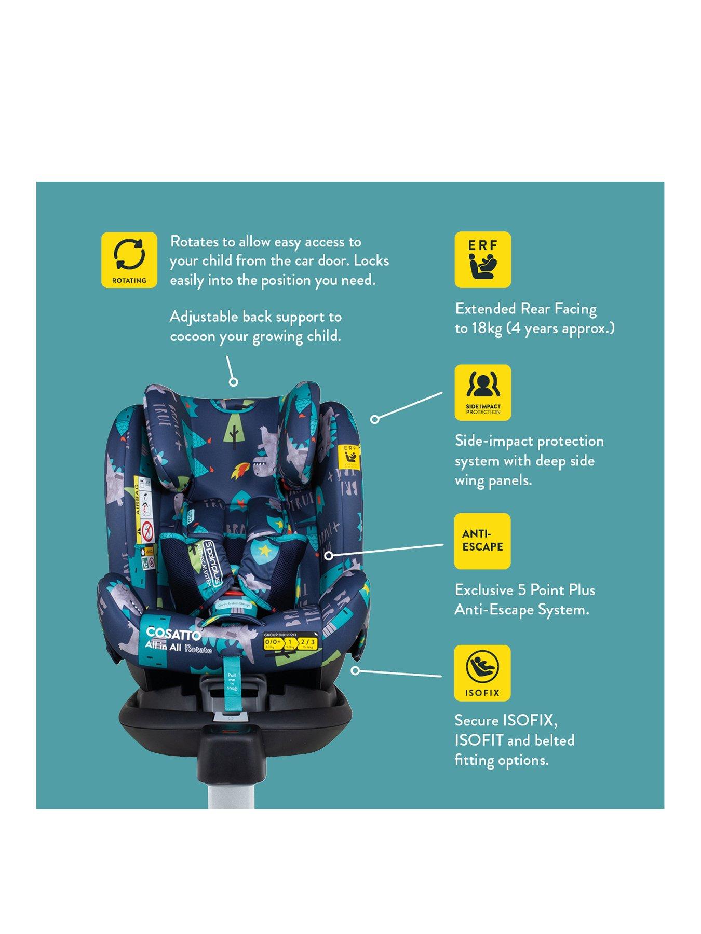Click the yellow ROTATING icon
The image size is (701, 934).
[129, 259]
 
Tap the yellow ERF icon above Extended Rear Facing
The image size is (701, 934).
[482, 259]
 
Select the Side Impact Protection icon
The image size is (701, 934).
[482, 392]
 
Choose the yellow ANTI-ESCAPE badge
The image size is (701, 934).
[482, 541]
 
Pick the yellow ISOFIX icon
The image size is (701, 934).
[482, 673]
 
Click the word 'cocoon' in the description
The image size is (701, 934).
[192, 336]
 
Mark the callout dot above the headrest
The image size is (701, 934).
[233, 382]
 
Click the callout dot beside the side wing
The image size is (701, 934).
[374, 419]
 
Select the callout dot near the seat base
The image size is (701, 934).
[355, 670]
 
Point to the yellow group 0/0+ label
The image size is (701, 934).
[273, 643]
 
